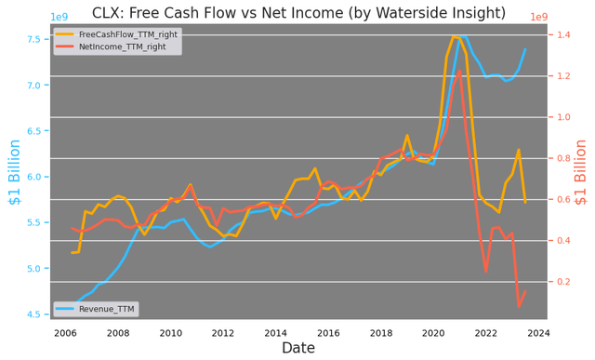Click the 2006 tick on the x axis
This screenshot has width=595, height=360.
coord(65,332)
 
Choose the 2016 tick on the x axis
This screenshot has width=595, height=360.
coord(328,332)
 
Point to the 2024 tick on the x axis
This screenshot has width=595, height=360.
coord(538,332)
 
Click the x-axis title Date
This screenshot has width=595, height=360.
coord(298,348)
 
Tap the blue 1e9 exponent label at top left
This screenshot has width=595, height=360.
coord(58,17)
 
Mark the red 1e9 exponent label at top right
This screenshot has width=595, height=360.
coord(539,17)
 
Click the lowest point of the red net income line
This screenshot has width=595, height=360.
coord(519,306)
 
